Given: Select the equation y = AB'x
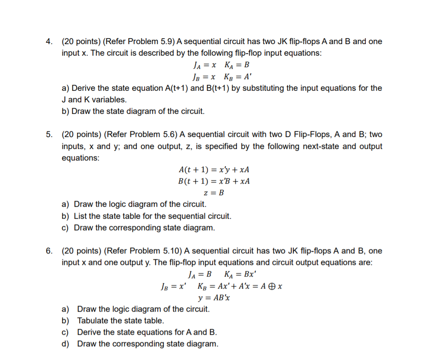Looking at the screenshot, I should click(x=214, y=298).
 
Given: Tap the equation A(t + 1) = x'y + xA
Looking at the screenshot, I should click(x=214, y=169).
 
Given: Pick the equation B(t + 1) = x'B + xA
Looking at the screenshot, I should click(x=214, y=181).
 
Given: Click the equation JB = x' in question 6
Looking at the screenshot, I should click(x=172, y=286).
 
